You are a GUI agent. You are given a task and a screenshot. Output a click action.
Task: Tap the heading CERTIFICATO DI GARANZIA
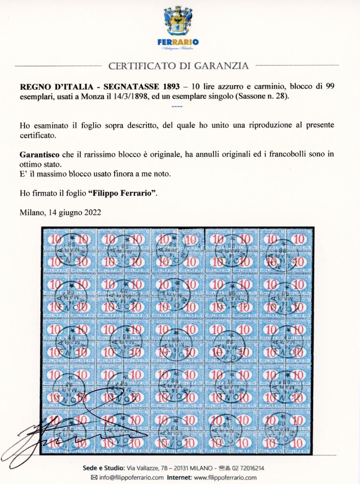coord(178,66)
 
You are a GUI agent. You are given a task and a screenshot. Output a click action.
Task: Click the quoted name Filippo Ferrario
coord(122,193)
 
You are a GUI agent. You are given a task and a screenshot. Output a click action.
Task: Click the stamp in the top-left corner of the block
coord(56,240)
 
